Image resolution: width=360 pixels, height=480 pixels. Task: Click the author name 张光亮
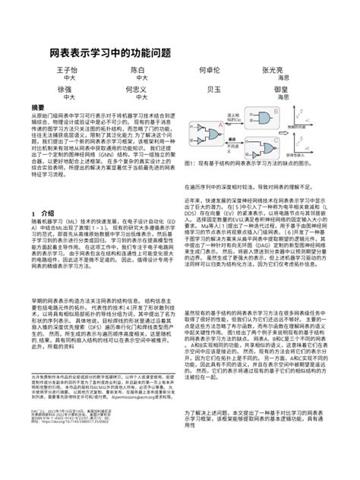[284, 70]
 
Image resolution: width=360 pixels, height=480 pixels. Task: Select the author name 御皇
[284, 89]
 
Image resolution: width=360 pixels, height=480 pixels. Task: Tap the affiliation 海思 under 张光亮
[284, 78]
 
